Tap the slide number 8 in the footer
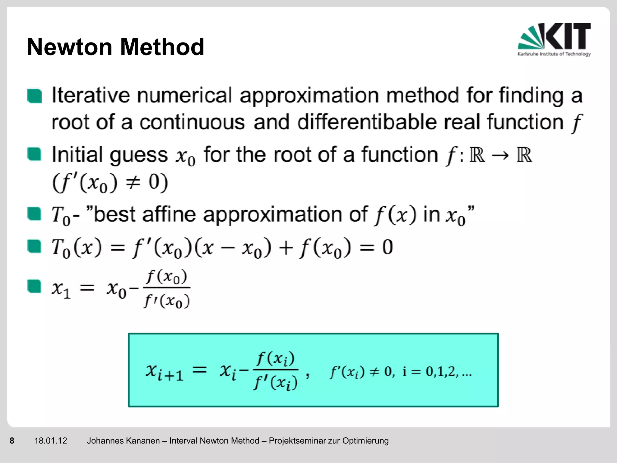[x=12, y=441]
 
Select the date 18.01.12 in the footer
[x=51, y=441]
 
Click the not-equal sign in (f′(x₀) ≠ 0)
[x=133, y=183]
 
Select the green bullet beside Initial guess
[x=34, y=154]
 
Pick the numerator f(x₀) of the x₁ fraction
[x=167, y=277]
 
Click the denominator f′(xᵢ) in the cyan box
[x=276, y=383]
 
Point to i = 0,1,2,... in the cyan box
[x=437, y=372]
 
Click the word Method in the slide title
[x=162, y=47]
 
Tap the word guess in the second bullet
[x=139, y=155]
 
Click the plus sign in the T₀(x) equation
[x=285, y=248]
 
